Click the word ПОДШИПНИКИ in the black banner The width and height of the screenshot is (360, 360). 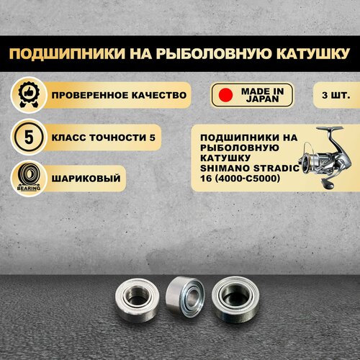click(67, 53)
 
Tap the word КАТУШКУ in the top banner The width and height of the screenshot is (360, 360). click(312, 53)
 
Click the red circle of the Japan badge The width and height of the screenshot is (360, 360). click(225, 95)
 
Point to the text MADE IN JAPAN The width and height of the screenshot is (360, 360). click(262, 95)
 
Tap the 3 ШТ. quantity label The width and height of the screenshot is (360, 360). click(336, 95)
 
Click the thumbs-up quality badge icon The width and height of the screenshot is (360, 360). click(29, 95)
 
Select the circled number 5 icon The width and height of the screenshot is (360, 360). click(29, 138)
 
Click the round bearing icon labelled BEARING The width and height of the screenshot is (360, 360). click(29, 179)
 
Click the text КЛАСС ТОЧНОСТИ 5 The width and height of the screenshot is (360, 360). click(104, 138)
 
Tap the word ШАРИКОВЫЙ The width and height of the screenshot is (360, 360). click(86, 179)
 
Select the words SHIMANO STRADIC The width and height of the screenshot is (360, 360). click(250, 168)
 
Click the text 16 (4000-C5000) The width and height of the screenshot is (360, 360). click(240, 179)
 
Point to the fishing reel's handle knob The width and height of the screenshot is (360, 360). click(328, 184)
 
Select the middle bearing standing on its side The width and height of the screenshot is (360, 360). click(185, 297)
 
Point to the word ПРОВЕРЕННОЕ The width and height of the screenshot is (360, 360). click(89, 95)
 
